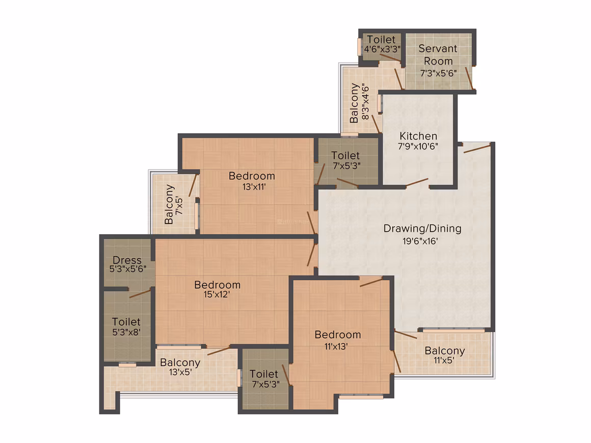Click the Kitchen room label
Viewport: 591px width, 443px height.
pos(418,136)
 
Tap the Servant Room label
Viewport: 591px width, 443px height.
pos(438,54)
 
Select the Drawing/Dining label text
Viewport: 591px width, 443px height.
pos(422,229)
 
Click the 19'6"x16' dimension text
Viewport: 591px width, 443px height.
pos(420,241)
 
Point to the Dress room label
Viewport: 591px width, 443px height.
pos(127,260)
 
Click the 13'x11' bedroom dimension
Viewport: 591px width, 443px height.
pos(254,186)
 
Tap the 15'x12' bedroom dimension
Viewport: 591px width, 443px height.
pos(217,295)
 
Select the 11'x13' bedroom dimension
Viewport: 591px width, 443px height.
pos(336,347)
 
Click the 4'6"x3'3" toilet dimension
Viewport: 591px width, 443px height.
pos(382,49)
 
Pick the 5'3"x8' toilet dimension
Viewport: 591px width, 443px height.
pos(126,332)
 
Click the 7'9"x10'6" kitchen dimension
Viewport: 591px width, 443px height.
pos(418,146)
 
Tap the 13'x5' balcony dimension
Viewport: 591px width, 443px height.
pos(180,372)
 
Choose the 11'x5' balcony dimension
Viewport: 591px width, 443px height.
pos(444,361)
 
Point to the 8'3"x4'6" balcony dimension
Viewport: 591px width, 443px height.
pos(365,102)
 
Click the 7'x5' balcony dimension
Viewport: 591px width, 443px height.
pos(179,206)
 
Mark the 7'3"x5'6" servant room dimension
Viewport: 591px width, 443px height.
pos(438,73)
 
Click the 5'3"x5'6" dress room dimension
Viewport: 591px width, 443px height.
pos(128,269)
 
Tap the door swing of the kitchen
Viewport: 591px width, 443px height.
pos(417,182)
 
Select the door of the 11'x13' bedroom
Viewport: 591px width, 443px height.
pos(371,282)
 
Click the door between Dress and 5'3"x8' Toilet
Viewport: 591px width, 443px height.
pos(140,293)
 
